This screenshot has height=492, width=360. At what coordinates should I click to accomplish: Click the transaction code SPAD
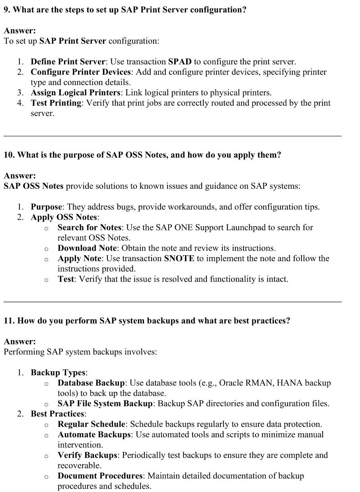(180, 62)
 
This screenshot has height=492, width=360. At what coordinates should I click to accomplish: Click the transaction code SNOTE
(179, 258)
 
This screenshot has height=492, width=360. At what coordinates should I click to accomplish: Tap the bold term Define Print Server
(68, 62)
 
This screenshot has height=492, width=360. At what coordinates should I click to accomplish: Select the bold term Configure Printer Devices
(81, 72)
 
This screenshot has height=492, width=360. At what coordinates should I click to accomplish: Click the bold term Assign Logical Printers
(76, 93)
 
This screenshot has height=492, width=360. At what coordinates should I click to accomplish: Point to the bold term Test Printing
(56, 103)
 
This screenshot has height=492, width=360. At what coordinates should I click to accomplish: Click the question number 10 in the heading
(8, 155)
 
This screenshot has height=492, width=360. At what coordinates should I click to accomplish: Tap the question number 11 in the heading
(8, 320)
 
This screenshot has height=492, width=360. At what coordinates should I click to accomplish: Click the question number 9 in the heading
(6, 10)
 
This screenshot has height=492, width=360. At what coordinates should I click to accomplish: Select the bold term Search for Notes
(90, 227)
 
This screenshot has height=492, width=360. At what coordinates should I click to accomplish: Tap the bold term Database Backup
(91, 383)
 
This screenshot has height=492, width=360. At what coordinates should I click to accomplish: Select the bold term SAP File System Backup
(105, 403)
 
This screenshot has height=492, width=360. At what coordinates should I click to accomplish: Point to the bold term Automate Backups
(94, 434)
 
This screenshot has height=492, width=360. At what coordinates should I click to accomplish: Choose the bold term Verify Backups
(88, 455)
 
